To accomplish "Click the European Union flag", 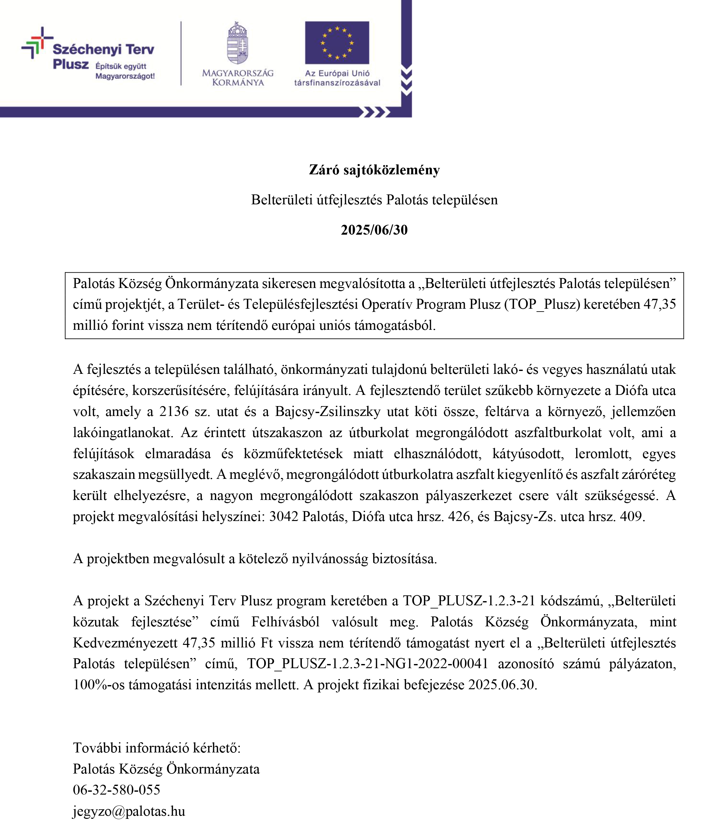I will [337, 42].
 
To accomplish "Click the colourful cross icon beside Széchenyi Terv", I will [37, 42].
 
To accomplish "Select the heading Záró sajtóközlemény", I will [374, 170].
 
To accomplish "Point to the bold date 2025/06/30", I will [374, 230].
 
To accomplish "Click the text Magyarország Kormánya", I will [238, 78].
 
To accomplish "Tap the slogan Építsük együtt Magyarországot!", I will [125, 71].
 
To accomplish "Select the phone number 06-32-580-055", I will [116, 789].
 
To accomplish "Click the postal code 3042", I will [283, 516].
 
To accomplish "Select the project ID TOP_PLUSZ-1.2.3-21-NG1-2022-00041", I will [368, 664].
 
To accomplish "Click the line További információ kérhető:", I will [157, 748].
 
